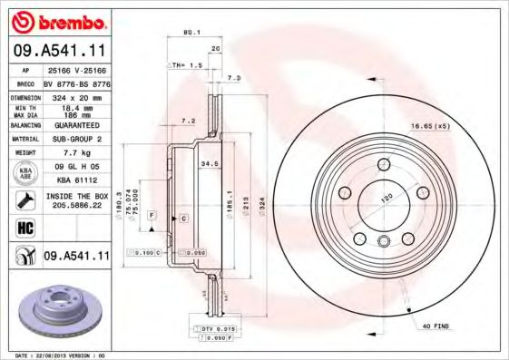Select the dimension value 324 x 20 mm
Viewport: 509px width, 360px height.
(74, 95)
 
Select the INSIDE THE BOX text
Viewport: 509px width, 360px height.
(75, 195)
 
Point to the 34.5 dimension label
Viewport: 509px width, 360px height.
(210, 163)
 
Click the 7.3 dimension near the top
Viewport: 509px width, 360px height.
(234, 79)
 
